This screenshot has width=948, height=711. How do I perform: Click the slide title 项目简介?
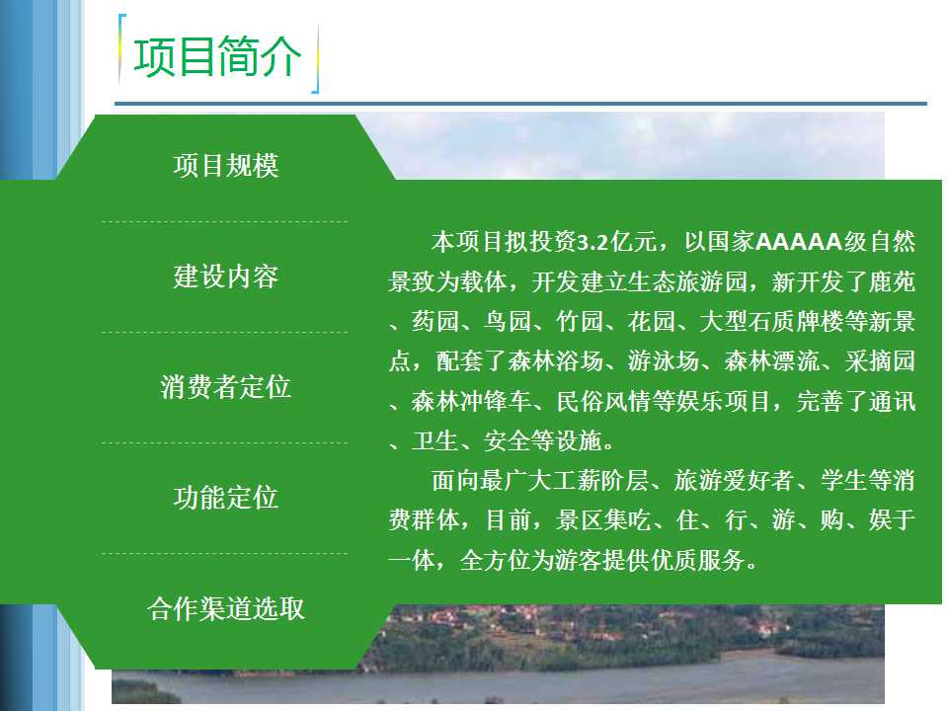[x=217, y=56]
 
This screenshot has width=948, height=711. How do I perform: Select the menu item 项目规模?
[x=226, y=166]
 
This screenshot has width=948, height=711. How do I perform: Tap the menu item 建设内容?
[x=226, y=276]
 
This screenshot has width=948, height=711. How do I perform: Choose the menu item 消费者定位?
[x=226, y=387]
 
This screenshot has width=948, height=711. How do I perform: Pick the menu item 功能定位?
[x=226, y=498]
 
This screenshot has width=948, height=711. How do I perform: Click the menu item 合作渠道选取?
[x=226, y=608]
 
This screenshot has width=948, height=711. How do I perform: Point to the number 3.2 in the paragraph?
[x=592, y=243]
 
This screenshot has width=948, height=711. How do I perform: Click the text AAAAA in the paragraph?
[x=799, y=242]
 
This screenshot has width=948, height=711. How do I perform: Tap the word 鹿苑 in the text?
[x=892, y=281]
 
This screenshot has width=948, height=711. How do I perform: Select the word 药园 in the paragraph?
[x=435, y=322]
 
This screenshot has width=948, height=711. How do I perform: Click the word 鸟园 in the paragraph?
[x=508, y=322]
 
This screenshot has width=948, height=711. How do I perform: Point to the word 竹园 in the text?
[x=580, y=322]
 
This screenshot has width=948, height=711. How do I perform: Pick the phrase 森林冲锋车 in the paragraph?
[x=471, y=402]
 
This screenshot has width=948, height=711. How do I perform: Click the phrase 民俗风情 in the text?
[x=603, y=402]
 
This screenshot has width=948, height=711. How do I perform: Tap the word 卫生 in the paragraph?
[x=435, y=441]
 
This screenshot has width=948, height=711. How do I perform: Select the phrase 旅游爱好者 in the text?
[x=734, y=481]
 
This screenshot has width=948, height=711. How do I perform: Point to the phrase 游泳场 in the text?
[x=664, y=361]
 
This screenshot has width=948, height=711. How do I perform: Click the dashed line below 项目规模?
[x=224, y=222]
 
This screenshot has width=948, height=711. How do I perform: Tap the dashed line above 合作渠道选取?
[x=224, y=553]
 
